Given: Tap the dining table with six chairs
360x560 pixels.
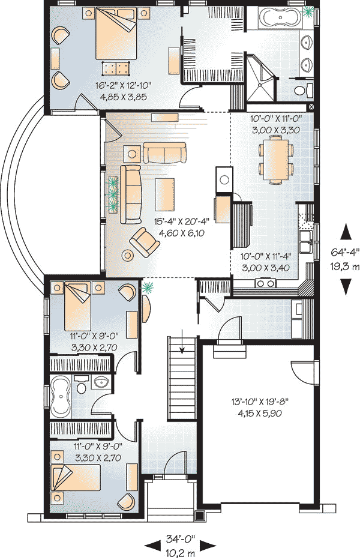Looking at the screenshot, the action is click(x=276, y=160).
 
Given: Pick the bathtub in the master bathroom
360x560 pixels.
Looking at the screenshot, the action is click(x=280, y=17).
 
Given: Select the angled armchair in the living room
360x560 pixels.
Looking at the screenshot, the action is click(x=144, y=242).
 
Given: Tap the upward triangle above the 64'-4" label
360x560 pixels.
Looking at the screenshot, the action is click(x=346, y=232).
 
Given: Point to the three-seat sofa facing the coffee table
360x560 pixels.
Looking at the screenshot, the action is click(x=130, y=194).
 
